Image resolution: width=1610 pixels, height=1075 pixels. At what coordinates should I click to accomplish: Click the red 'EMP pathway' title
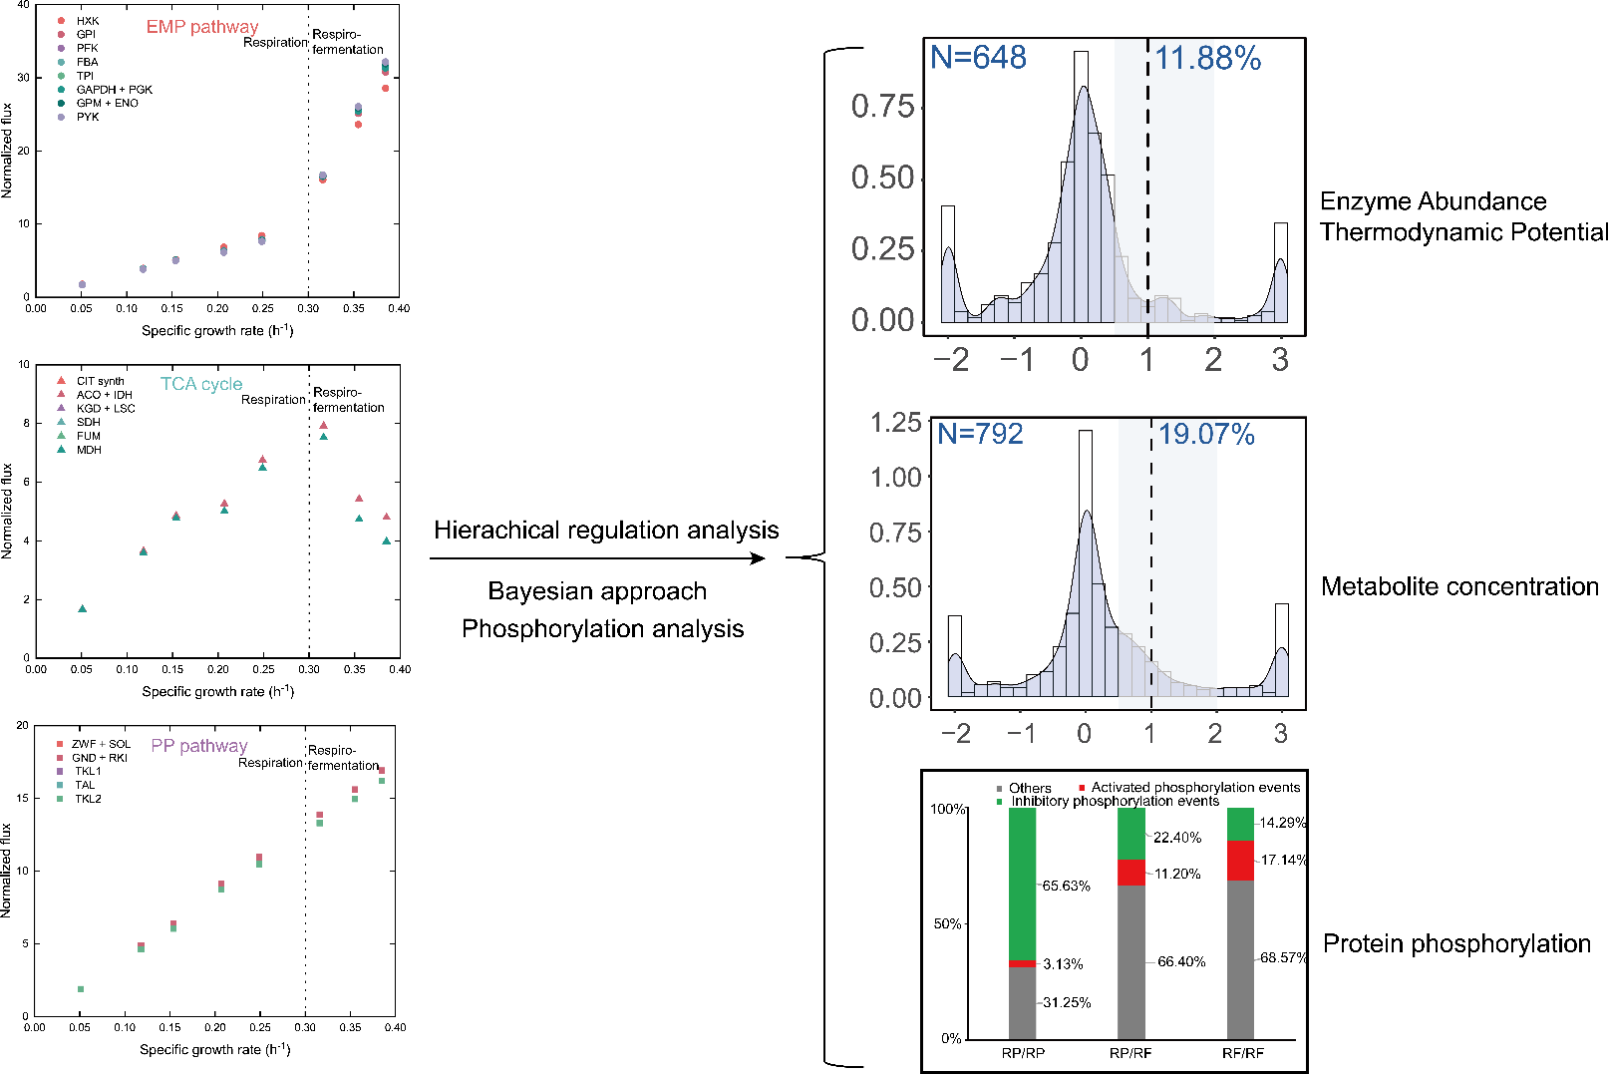pos(202,27)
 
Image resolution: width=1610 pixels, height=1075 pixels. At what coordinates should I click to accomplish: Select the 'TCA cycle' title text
pos(201,384)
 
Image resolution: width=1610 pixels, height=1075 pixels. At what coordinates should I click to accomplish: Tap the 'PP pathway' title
pos(199,746)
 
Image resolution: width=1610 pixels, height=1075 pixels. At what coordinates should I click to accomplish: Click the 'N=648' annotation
pos(978,58)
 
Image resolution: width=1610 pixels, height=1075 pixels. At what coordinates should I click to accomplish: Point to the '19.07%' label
pos(1206,434)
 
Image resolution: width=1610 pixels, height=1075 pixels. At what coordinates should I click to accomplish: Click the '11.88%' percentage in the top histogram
pos(1208,59)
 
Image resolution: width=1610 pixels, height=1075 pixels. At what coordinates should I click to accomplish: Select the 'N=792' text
pos(980,434)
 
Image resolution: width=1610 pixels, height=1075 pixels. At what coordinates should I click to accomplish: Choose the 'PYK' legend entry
pos(88,117)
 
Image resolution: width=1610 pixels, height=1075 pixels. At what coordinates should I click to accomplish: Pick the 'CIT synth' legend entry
pos(100,381)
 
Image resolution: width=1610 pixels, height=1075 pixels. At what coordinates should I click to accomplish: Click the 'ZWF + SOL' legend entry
pos(101,744)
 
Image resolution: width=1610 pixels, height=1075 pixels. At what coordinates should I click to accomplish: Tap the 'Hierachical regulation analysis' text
pos(606,530)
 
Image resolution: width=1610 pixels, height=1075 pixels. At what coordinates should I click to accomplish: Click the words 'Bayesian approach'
pos(597,591)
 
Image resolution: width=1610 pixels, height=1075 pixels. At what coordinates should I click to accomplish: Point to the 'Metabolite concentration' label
pos(1459,586)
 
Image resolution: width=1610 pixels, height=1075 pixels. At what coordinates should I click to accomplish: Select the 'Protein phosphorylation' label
pos(1456,943)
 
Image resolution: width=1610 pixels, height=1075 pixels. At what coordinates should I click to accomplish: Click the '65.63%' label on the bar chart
pos(1066,886)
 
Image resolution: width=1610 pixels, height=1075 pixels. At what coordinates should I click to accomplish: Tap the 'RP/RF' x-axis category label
pos(1130,1053)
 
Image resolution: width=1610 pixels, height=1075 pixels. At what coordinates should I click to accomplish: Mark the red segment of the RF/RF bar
pos(1240,860)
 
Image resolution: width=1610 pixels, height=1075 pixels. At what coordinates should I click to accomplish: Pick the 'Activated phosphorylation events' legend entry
pos(1195,788)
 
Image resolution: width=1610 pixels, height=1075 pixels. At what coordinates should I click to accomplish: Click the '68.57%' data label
pos(1284,957)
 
